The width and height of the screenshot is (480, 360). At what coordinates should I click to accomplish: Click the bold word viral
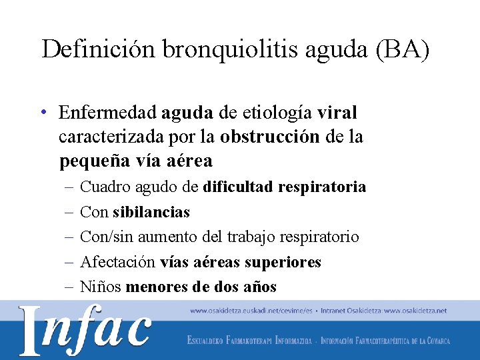point(338,112)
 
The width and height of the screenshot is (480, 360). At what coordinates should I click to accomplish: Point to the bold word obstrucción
point(271,137)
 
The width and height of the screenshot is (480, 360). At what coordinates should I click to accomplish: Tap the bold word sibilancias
point(151,212)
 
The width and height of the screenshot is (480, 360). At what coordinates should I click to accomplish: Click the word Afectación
point(117,262)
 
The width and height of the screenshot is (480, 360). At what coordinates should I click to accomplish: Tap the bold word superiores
point(283,262)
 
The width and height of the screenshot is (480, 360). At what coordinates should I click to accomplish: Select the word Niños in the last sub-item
point(100,287)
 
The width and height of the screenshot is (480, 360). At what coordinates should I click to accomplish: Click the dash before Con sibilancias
point(69,212)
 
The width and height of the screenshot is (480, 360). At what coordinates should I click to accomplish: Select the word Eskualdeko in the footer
point(207,341)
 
